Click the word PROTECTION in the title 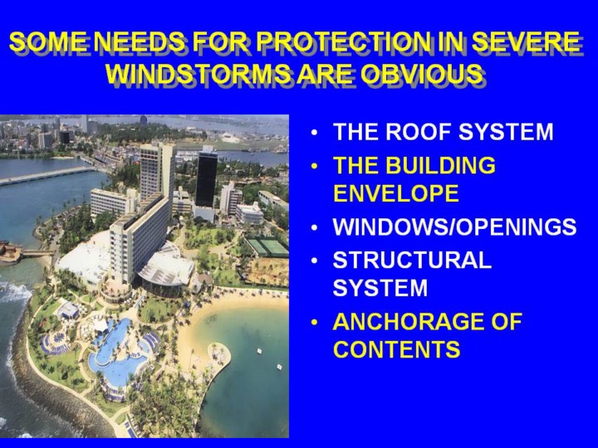pyautogui.click(x=341, y=41)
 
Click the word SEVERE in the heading pyautogui.click(x=527, y=41)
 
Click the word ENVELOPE pyautogui.click(x=396, y=192)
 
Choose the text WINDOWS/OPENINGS pyautogui.click(x=454, y=226)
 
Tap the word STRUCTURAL pyautogui.click(x=412, y=260)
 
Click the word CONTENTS pyautogui.click(x=397, y=348)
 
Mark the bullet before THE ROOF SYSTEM pyautogui.click(x=314, y=133)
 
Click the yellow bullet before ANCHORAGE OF pyautogui.click(x=314, y=323)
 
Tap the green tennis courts pyautogui.click(x=267, y=247)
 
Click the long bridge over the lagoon pyautogui.click(x=46, y=176)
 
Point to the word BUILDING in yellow pyautogui.click(x=440, y=165)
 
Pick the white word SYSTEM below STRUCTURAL pyautogui.click(x=380, y=288)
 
